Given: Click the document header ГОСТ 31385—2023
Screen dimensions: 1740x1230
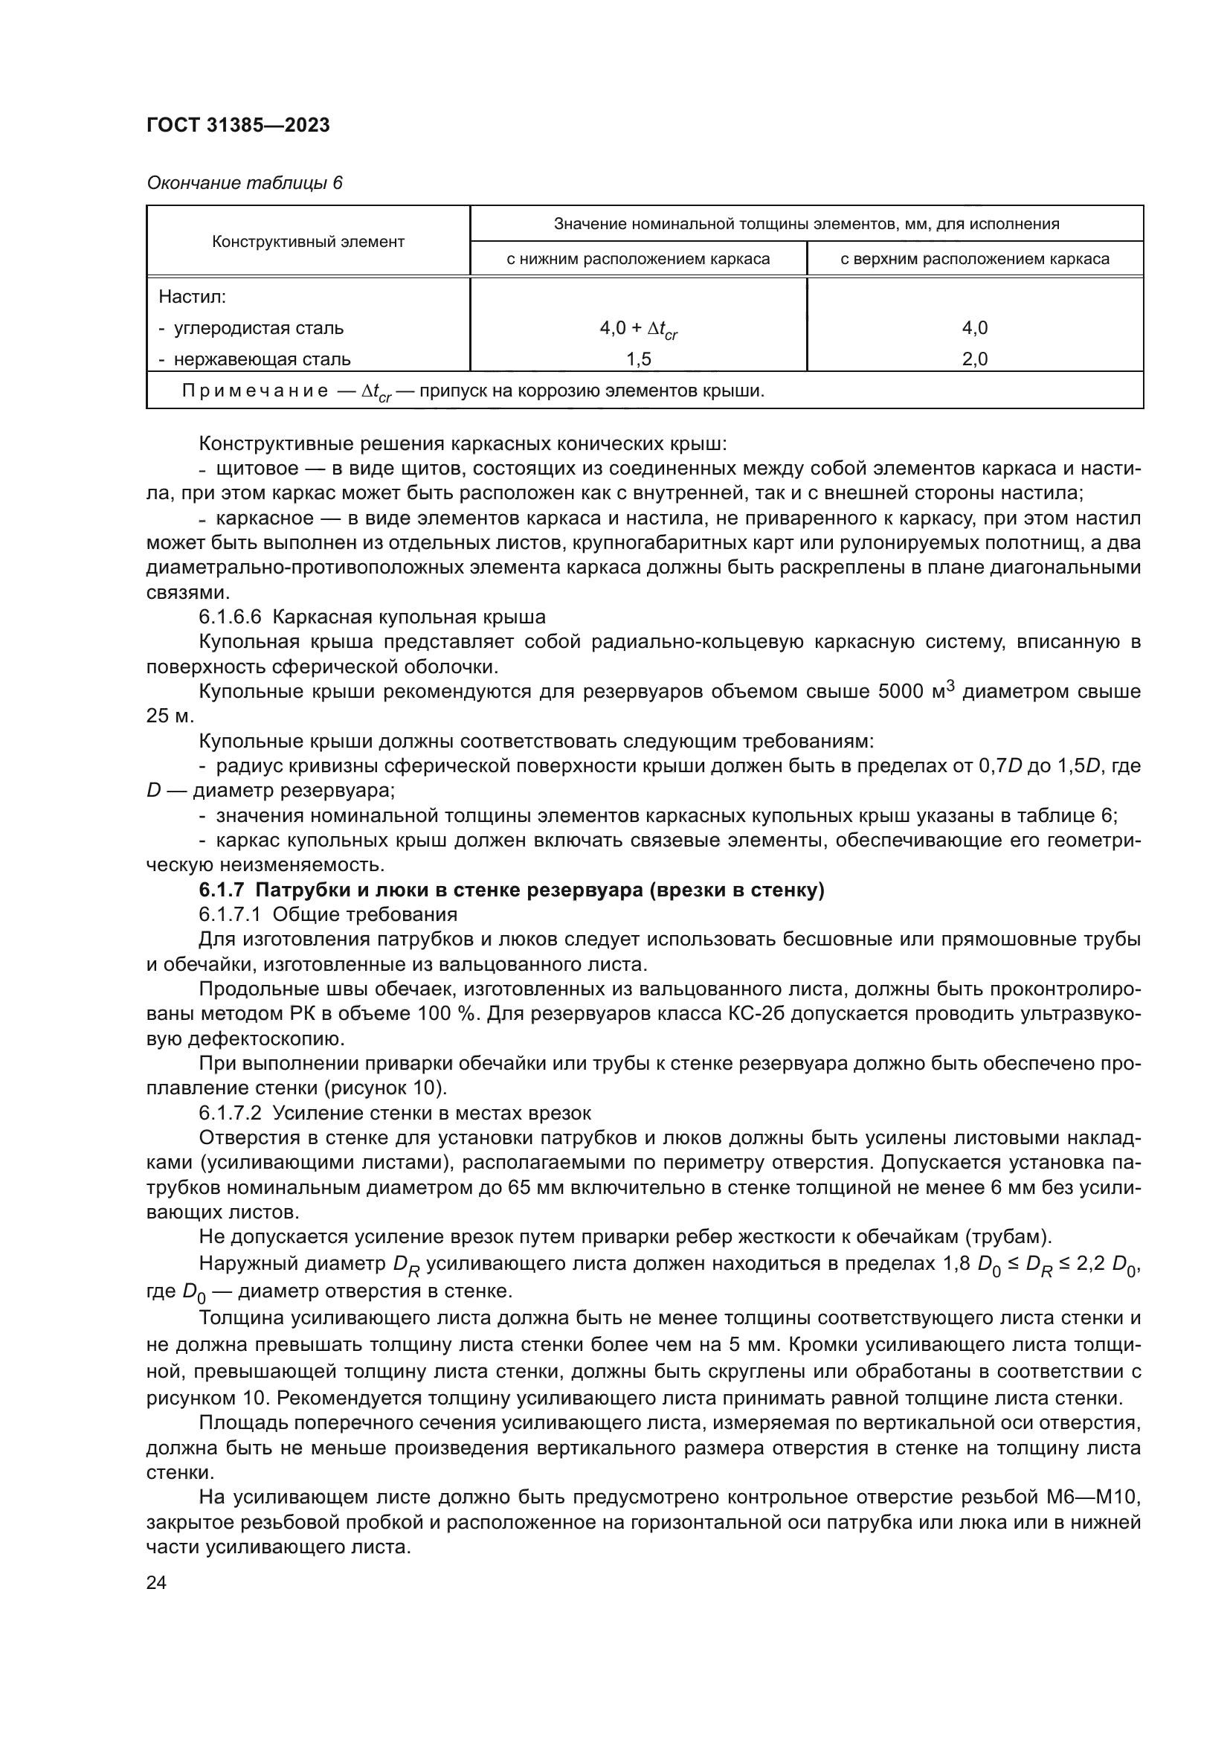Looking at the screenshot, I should click(x=238, y=125).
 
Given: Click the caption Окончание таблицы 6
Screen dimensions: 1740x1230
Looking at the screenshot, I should click(x=244, y=183).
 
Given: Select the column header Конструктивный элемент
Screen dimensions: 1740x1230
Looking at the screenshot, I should click(x=308, y=242).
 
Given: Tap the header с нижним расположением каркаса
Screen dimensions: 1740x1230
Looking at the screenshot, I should click(x=638, y=259).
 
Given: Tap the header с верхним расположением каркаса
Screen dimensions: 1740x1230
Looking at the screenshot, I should click(x=975, y=259).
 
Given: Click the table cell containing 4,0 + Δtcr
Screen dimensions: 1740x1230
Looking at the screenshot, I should click(x=638, y=328).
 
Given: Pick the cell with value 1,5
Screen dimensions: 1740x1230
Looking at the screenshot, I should click(x=638, y=359).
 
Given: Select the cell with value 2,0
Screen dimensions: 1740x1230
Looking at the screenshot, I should click(x=975, y=359).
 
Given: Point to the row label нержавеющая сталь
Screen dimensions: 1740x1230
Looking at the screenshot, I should click(x=261, y=359).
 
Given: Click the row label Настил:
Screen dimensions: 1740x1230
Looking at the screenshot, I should click(x=193, y=297).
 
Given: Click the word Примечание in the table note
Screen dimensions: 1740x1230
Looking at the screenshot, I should click(x=254, y=391).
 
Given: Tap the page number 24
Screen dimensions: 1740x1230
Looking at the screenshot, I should click(x=156, y=1583).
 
